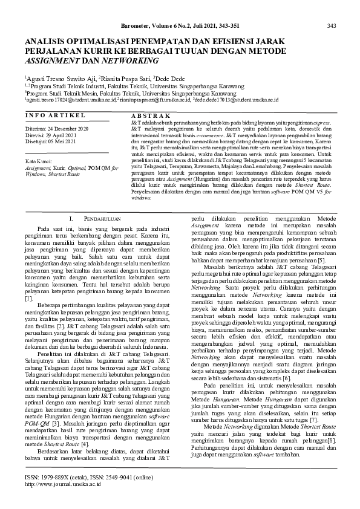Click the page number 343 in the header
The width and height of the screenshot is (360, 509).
tap(332, 25)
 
